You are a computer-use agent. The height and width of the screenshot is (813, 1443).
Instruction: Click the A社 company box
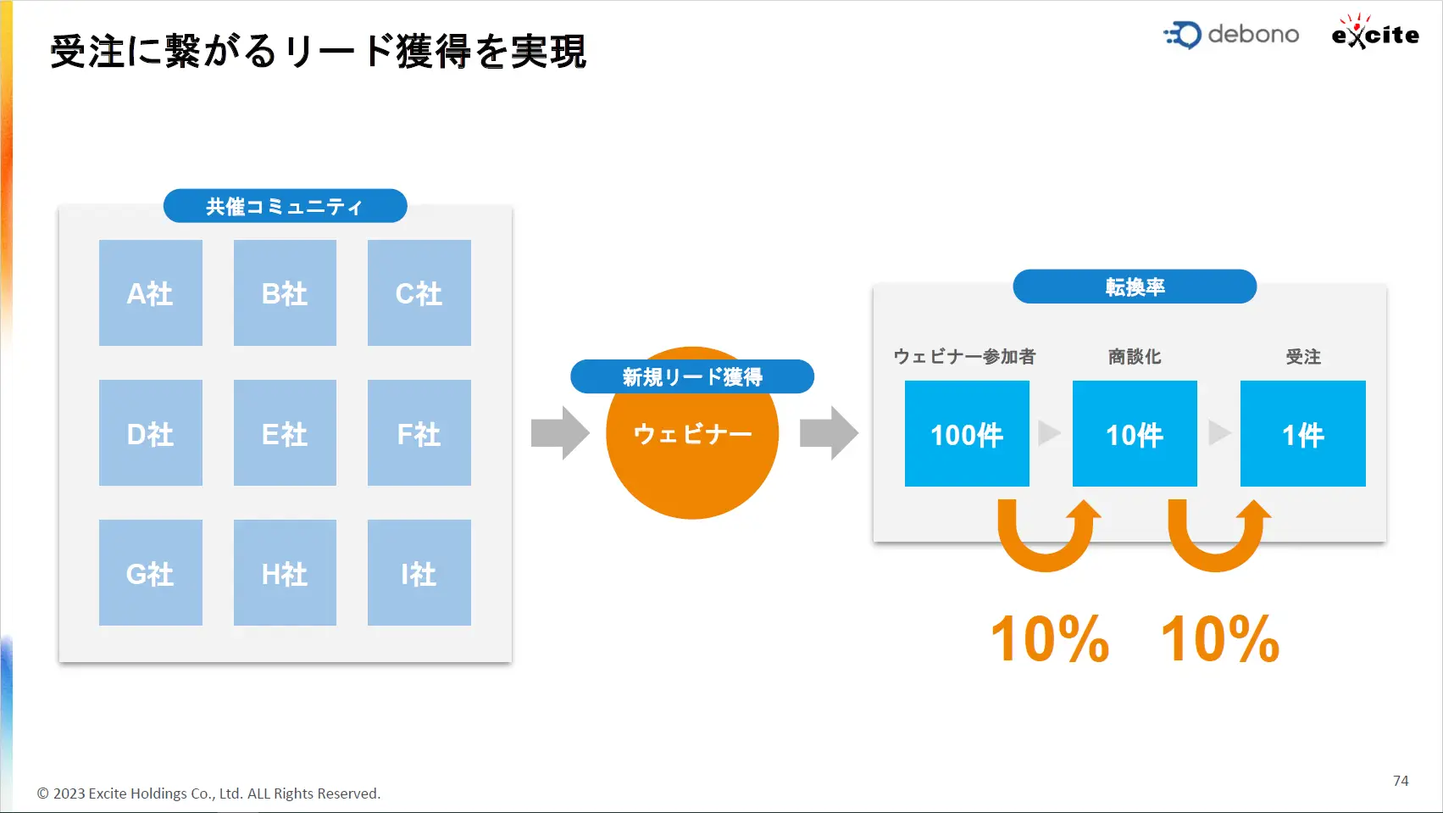151,292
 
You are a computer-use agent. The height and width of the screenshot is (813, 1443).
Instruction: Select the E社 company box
285,432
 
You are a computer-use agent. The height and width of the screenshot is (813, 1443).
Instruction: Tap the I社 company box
419,572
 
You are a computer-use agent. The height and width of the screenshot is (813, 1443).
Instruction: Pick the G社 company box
151,572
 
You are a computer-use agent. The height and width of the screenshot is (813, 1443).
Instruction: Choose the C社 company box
419,292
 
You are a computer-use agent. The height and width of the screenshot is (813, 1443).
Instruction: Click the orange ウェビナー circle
692,451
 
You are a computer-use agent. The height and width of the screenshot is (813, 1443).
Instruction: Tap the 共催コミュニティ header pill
286,206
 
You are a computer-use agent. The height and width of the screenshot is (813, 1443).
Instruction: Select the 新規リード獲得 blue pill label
692,376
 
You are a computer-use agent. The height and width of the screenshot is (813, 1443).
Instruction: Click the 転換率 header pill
1135,287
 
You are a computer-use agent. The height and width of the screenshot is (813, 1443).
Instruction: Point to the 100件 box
967,433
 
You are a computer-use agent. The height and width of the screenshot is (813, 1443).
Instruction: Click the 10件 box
1135,433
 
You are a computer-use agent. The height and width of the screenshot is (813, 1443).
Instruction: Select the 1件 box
1302,433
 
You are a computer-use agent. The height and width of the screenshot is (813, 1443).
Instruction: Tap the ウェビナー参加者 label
964,357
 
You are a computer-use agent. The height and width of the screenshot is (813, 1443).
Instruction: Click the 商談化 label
1135,357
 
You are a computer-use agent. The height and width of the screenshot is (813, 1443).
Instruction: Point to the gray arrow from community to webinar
560,432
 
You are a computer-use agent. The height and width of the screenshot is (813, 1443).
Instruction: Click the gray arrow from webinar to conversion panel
829,432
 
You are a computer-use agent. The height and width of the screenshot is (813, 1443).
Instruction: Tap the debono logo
1231,35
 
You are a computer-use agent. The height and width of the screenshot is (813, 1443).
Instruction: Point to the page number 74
1401,781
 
